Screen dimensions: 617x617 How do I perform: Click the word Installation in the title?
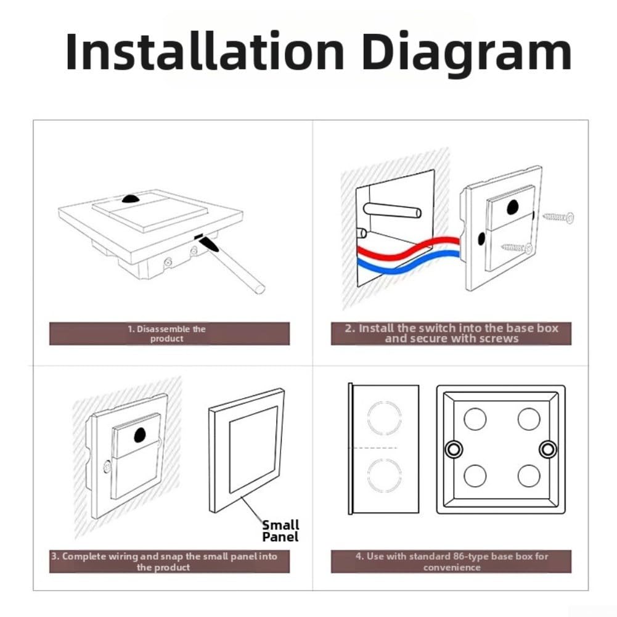click(x=205, y=52)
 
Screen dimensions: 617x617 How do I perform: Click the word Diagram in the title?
click(x=467, y=55)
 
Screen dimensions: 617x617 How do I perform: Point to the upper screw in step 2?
click(x=558, y=217)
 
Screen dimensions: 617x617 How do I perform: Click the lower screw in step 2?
click(x=517, y=248)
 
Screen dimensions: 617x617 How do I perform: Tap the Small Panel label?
click(x=280, y=531)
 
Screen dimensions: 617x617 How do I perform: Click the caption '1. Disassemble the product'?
click(x=167, y=333)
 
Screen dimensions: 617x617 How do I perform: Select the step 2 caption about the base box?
click(x=452, y=333)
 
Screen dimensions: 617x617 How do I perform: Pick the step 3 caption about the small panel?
click(x=164, y=562)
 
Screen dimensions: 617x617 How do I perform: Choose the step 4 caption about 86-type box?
click(x=452, y=562)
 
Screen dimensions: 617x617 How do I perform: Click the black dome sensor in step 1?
click(x=132, y=198)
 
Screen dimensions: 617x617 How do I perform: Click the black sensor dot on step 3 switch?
click(x=140, y=435)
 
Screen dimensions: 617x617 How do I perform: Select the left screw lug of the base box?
click(x=454, y=449)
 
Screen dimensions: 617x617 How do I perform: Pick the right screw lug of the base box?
click(x=548, y=449)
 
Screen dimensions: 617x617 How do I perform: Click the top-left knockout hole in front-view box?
click(x=475, y=419)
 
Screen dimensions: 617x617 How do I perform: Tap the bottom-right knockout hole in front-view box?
click(x=529, y=476)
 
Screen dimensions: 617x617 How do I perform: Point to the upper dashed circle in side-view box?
click(x=385, y=418)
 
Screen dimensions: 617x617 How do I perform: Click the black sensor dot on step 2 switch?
click(x=512, y=207)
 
